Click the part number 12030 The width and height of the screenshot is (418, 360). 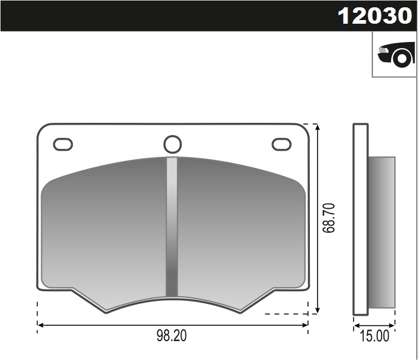[x=374, y=16]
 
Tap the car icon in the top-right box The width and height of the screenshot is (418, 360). [x=396, y=55]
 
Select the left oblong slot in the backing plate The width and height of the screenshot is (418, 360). [x=63, y=144]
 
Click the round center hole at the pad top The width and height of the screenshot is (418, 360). [x=173, y=144]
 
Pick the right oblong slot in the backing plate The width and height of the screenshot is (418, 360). [x=281, y=144]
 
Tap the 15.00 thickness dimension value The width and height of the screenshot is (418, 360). [x=374, y=336]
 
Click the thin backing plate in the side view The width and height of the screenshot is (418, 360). [x=361, y=219]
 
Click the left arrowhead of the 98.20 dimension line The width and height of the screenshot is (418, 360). [x=41, y=325]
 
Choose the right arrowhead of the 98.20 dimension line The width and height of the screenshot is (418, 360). [x=306, y=325]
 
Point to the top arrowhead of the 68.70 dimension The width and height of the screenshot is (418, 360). [x=317, y=127]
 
